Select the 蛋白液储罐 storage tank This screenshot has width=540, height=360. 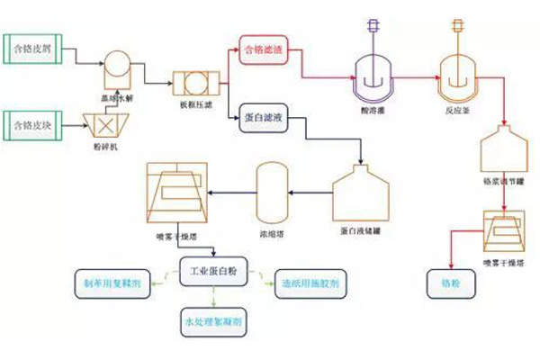[360, 194]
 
